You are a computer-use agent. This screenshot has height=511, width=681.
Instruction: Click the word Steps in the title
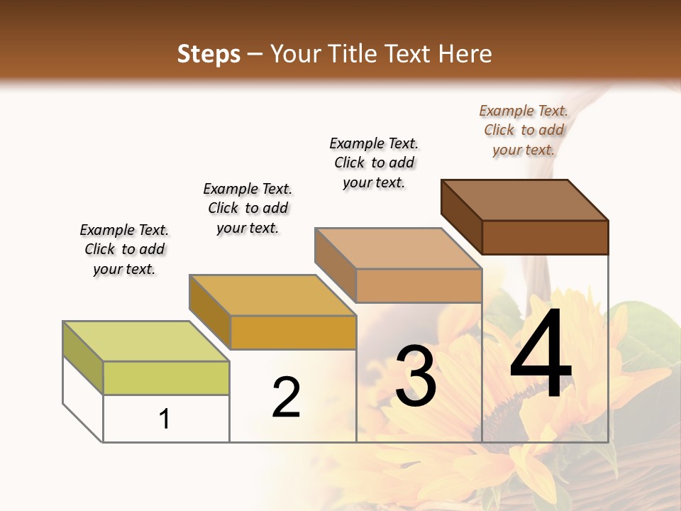tap(208, 54)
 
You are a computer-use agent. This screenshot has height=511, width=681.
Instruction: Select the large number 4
tap(541, 354)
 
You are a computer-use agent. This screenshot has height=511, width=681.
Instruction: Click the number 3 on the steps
tap(416, 376)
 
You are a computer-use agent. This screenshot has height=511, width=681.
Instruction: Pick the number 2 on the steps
tap(287, 397)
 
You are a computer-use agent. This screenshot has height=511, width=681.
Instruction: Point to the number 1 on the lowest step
tap(165, 419)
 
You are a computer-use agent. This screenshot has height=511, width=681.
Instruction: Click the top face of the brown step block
tap(525, 200)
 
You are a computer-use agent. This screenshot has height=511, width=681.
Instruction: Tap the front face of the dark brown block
tap(545, 237)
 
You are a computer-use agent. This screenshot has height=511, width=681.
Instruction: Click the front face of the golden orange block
tap(293, 332)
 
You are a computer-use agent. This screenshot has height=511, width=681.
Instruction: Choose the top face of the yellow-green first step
tap(146, 341)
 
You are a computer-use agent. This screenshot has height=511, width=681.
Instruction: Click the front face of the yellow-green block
tap(166, 378)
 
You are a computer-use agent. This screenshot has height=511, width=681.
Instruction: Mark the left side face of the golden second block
tap(210, 311)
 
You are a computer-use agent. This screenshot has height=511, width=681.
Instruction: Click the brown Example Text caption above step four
tap(524, 130)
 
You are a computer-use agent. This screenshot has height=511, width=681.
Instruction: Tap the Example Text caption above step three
tap(374, 163)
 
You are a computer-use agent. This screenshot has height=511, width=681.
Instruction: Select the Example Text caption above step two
tap(248, 208)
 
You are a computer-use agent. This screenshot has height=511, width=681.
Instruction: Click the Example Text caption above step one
tap(124, 249)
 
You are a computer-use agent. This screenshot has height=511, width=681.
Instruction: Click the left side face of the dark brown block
tap(462, 216)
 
